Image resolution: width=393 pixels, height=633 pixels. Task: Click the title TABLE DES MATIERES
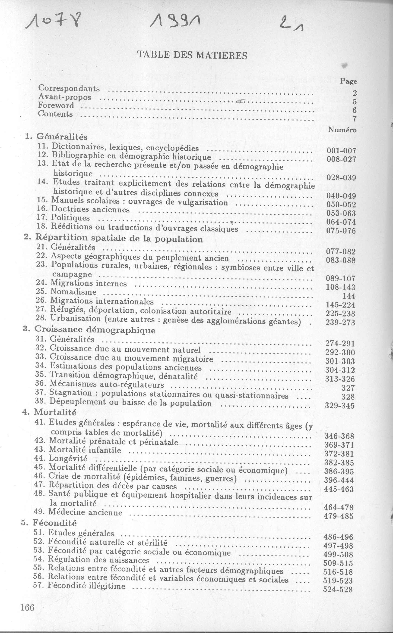pos(192,55)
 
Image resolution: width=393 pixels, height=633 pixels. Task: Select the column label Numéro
pos(342,130)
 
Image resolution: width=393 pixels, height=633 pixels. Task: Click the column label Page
pos(349,81)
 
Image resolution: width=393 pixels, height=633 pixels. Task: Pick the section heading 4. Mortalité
pos(49,412)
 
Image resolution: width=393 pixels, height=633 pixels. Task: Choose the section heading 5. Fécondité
pos(49,523)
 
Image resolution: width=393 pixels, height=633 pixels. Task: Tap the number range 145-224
pos(340,305)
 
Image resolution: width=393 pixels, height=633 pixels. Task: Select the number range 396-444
pos(339,480)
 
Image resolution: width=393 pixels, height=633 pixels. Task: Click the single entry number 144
pos(349,296)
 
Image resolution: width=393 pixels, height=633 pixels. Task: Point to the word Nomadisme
pos(73,292)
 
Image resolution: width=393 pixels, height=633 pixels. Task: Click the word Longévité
pos(68,458)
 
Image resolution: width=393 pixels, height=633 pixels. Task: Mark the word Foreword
pos(56,105)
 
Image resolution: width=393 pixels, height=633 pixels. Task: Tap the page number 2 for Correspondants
pos(355,93)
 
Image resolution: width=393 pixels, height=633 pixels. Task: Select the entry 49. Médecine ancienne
pos(78,512)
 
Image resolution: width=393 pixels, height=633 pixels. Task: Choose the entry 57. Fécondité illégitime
pos(79,586)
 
